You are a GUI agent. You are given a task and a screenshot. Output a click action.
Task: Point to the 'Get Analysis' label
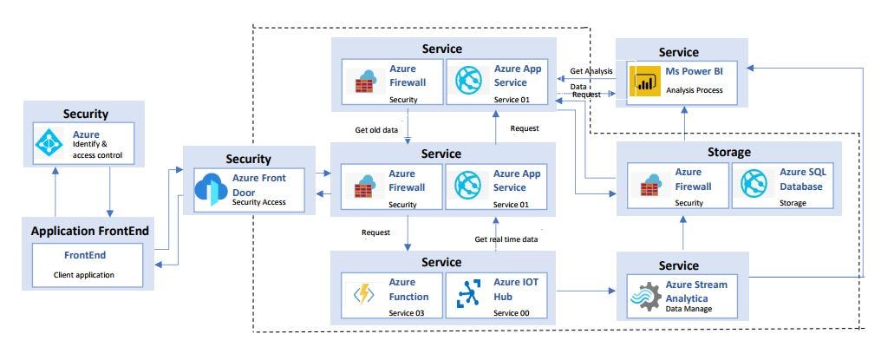tap(591, 71)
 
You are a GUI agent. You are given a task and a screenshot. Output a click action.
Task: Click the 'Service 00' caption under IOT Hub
tap(511, 313)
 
